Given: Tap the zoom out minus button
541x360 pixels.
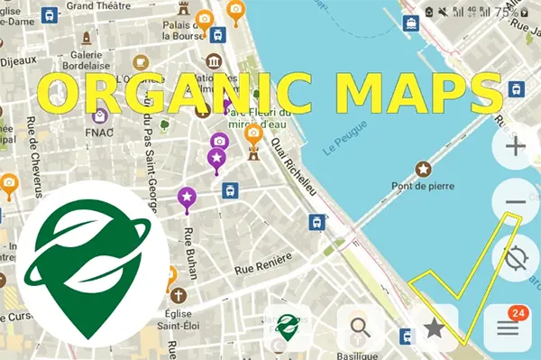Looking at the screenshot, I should (516, 201).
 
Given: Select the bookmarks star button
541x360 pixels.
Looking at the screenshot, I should (434, 327).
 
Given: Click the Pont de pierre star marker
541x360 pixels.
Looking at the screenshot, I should (422, 169).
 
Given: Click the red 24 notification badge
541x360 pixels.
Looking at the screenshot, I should (518, 312).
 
